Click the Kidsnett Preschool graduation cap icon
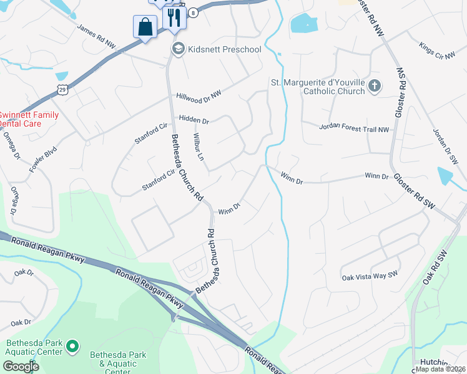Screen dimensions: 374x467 point(179,49)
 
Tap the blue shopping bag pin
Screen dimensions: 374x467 point(145,27)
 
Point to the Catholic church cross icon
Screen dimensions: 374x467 point(375,86)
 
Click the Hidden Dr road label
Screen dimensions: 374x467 point(194,119)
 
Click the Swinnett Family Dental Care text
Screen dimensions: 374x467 point(29,119)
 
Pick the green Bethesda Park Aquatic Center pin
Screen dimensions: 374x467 point(72,345)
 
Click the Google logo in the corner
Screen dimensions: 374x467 point(21,366)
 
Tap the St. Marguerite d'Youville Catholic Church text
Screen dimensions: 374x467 point(317,87)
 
